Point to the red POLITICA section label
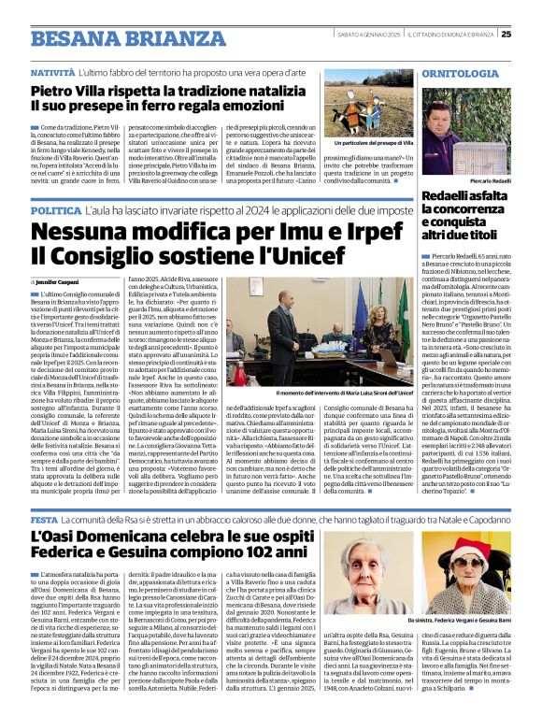(x=56, y=212)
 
